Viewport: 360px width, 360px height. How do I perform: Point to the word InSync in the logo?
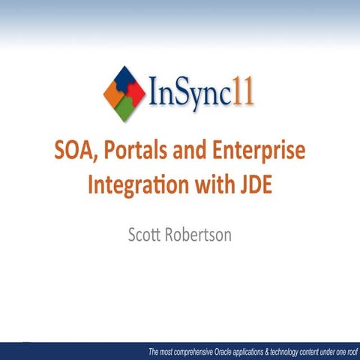[x=191, y=96]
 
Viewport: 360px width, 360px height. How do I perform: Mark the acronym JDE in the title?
[x=253, y=182]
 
